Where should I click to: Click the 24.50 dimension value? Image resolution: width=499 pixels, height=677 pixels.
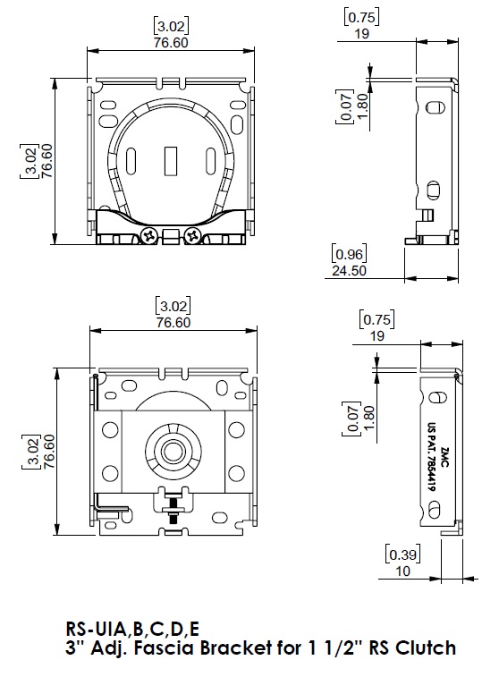[x=349, y=271]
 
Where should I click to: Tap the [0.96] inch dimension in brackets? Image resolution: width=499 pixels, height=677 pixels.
[x=349, y=254]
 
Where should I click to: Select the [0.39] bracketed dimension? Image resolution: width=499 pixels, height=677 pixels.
[x=402, y=554]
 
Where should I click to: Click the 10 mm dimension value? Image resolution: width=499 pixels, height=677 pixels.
[x=402, y=571]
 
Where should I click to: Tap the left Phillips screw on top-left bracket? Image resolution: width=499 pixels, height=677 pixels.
[x=149, y=236]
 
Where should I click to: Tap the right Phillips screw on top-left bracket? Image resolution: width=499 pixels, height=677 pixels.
[x=192, y=236]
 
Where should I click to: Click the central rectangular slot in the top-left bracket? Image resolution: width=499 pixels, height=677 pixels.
[x=171, y=162]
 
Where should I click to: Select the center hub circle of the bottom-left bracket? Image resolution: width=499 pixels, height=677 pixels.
[x=173, y=452]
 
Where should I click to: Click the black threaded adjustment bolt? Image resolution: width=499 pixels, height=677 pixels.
[x=173, y=512]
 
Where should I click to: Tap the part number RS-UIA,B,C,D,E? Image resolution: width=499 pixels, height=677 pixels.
[x=132, y=629]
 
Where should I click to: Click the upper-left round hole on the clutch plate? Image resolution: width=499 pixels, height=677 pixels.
[x=110, y=430]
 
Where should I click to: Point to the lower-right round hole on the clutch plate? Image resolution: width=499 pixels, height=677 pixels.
[x=236, y=473]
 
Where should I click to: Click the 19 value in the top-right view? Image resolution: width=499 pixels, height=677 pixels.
[x=362, y=34]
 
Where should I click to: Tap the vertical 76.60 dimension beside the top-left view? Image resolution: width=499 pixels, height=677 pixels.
[x=47, y=161]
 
